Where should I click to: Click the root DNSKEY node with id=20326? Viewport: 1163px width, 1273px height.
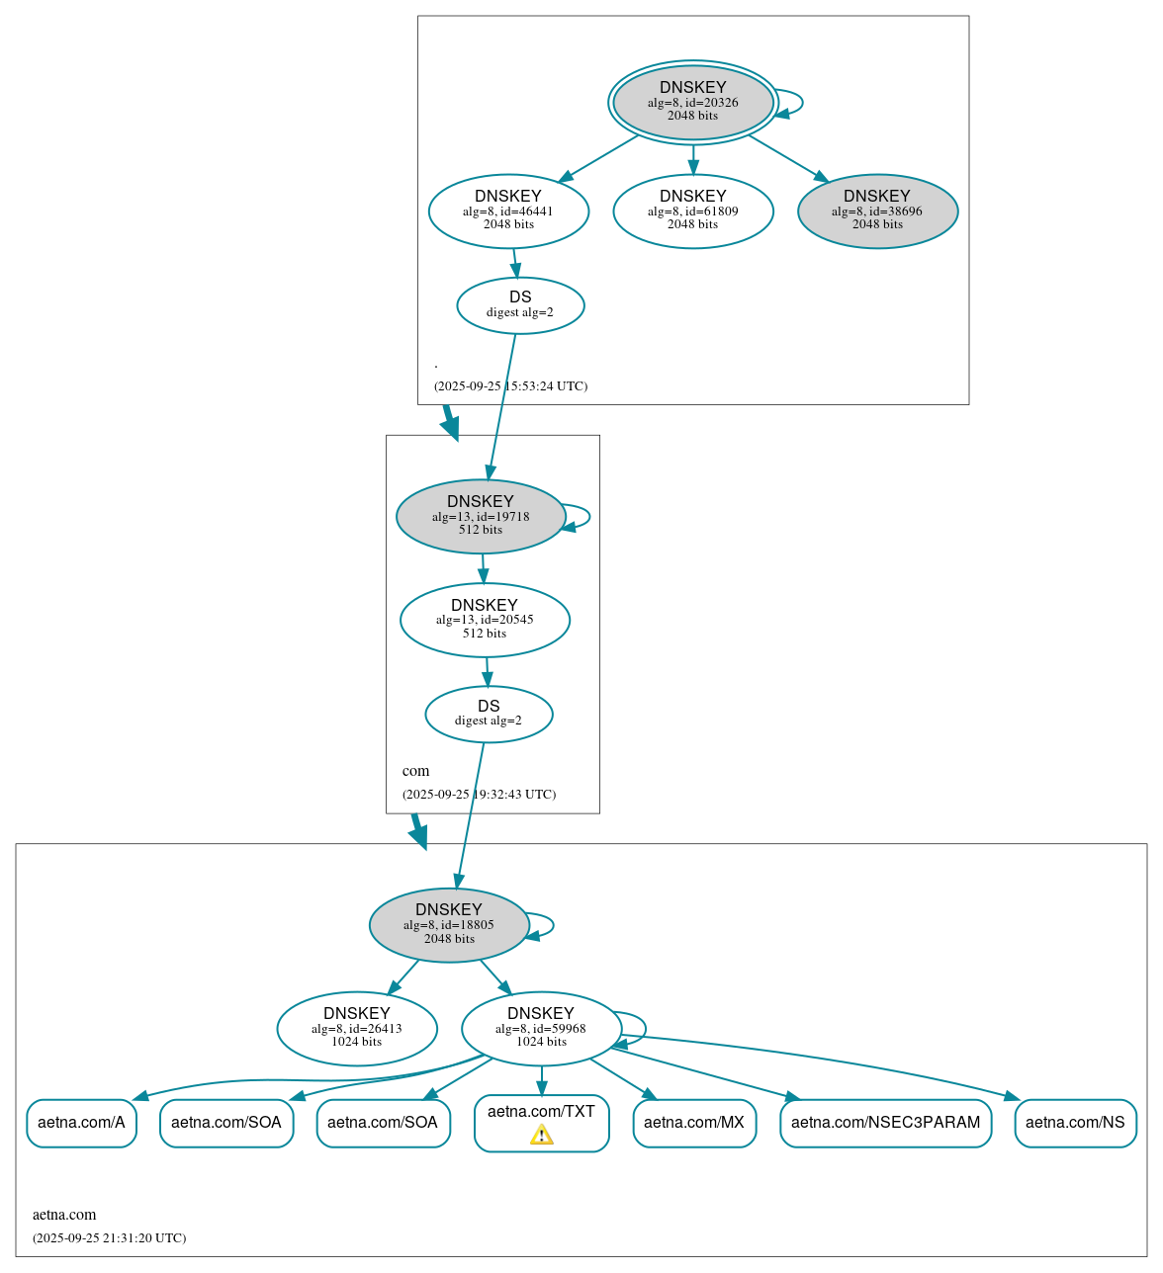[692, 103]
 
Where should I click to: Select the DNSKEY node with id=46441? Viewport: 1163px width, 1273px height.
[508, 211]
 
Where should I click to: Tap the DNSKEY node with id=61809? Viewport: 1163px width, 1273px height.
[692, 211]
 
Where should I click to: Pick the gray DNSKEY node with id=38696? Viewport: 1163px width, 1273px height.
[877, 211]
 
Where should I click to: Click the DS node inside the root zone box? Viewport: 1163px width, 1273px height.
[520, 305]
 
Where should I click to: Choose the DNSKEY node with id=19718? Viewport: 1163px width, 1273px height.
[481, 516]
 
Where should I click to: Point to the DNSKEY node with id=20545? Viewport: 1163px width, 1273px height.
[485, 620]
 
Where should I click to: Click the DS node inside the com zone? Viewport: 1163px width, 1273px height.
[489, 714]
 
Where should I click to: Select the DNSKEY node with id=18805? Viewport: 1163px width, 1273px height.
[449, 924]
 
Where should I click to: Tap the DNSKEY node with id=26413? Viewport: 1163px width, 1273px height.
[357, 1028]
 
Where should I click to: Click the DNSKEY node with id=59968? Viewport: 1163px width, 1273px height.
[541, 1028]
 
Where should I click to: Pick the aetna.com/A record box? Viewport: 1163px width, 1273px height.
[81, 1123]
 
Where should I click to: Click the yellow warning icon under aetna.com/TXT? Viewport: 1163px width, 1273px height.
[541, 1135]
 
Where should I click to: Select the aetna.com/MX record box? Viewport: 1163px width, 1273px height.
[694, 1123]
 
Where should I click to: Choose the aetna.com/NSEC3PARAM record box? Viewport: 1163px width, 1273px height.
[885, 1123]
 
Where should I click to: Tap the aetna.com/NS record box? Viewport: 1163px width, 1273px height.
[1075, 1123]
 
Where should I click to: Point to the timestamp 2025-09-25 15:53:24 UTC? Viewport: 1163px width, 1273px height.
[510, 386]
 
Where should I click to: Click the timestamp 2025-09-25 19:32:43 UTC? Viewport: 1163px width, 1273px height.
[479, 795]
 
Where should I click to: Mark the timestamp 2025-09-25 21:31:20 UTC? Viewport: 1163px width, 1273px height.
[109, 1238]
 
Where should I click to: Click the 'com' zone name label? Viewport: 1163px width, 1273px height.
[415, 771]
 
